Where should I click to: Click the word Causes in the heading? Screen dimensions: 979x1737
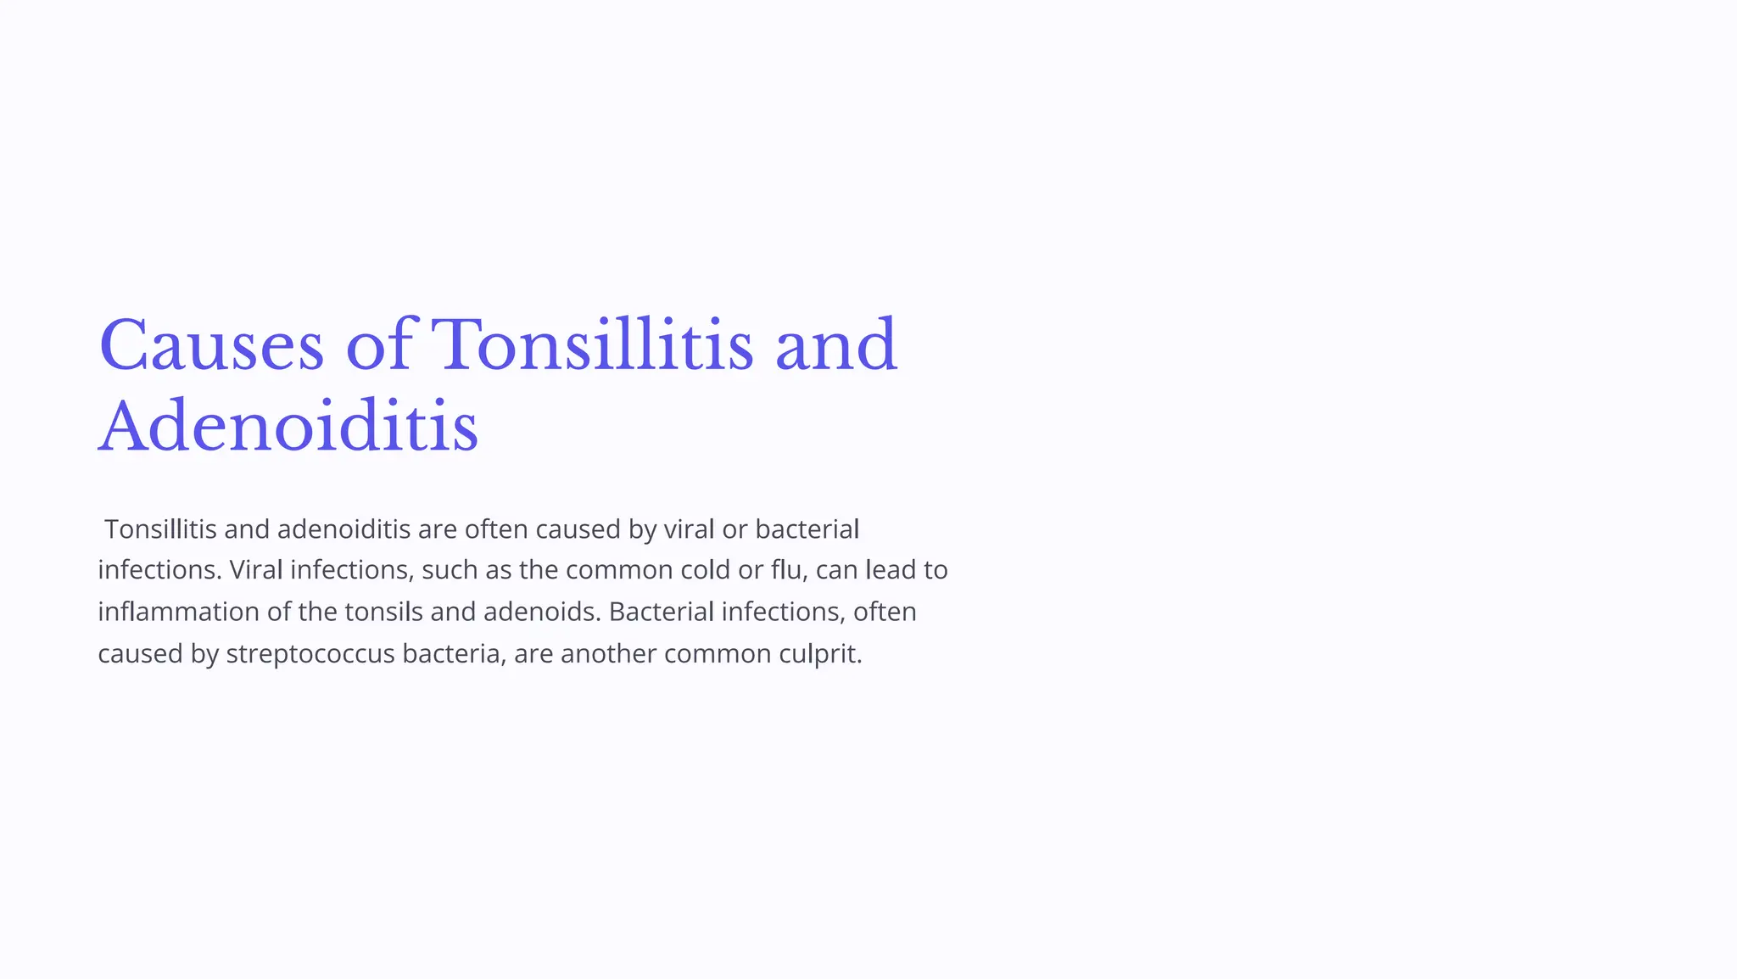(x=211, y=345)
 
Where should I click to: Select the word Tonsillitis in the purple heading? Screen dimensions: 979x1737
(x=593, y=345)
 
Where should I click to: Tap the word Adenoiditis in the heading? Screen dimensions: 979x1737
(x=288, y=427)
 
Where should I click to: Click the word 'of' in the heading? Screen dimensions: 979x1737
(x=378, y=345)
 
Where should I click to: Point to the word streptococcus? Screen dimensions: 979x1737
(x=310, y=654)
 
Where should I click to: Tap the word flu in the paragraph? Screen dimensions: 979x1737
(x=788, y=569)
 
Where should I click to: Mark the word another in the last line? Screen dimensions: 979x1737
(x=608, y=654)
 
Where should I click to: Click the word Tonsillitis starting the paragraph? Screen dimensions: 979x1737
(x=160, y=529)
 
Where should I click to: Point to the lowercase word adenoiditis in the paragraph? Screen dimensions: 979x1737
(x=343, y=529)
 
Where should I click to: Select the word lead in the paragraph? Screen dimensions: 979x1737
(x=891, y=569)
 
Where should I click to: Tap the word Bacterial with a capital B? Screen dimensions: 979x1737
(x=661, y=612)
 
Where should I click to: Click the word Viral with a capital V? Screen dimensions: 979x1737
(x=255, y=569)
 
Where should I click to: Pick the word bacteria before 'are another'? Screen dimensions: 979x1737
(x=454, y=654)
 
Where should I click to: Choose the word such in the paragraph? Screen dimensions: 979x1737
(x=450, y=569)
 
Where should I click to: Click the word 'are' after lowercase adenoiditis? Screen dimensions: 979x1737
(x=438, y=529)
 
